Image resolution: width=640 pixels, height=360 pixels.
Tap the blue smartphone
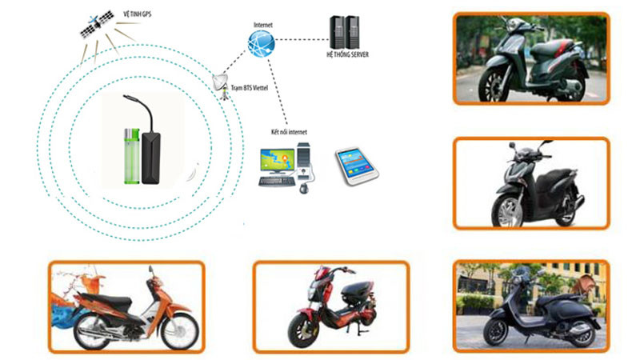coord(355,164)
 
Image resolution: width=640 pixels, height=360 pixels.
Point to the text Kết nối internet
coord(289,131)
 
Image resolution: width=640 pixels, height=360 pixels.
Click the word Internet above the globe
coord(262,25)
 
